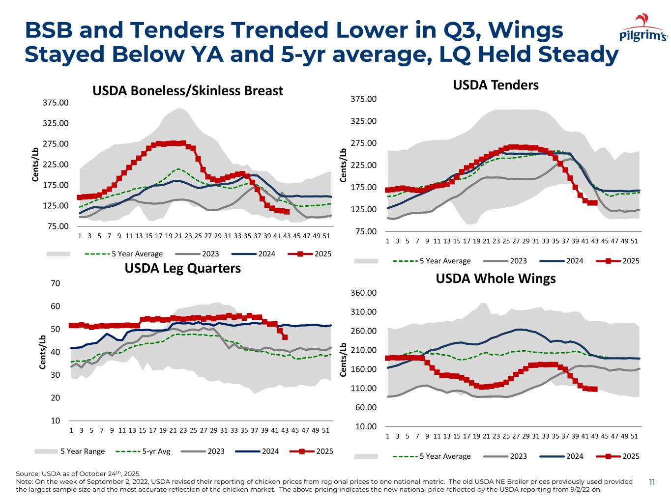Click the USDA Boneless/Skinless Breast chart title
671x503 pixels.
(188, 91)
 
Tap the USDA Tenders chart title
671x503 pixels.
(496, 85)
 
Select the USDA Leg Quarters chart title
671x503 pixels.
(182, 268)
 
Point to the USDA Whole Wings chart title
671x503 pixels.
(496, 279)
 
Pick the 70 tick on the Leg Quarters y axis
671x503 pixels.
(56, 283)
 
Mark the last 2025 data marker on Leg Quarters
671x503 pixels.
(285, 337)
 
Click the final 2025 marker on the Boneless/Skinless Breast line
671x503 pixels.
(285, 212)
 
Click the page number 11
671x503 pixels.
(652, 482)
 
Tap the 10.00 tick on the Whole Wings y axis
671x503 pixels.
(367, 426)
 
